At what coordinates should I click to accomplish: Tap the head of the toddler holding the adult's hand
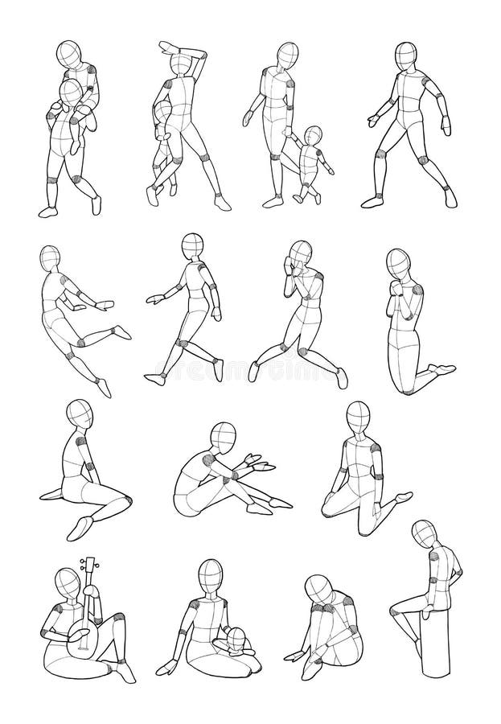312,136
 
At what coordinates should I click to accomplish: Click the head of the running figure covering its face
301,255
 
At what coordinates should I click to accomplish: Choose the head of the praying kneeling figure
398,264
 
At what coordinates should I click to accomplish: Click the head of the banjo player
66,582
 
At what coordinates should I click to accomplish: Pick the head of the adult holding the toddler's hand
285,57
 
